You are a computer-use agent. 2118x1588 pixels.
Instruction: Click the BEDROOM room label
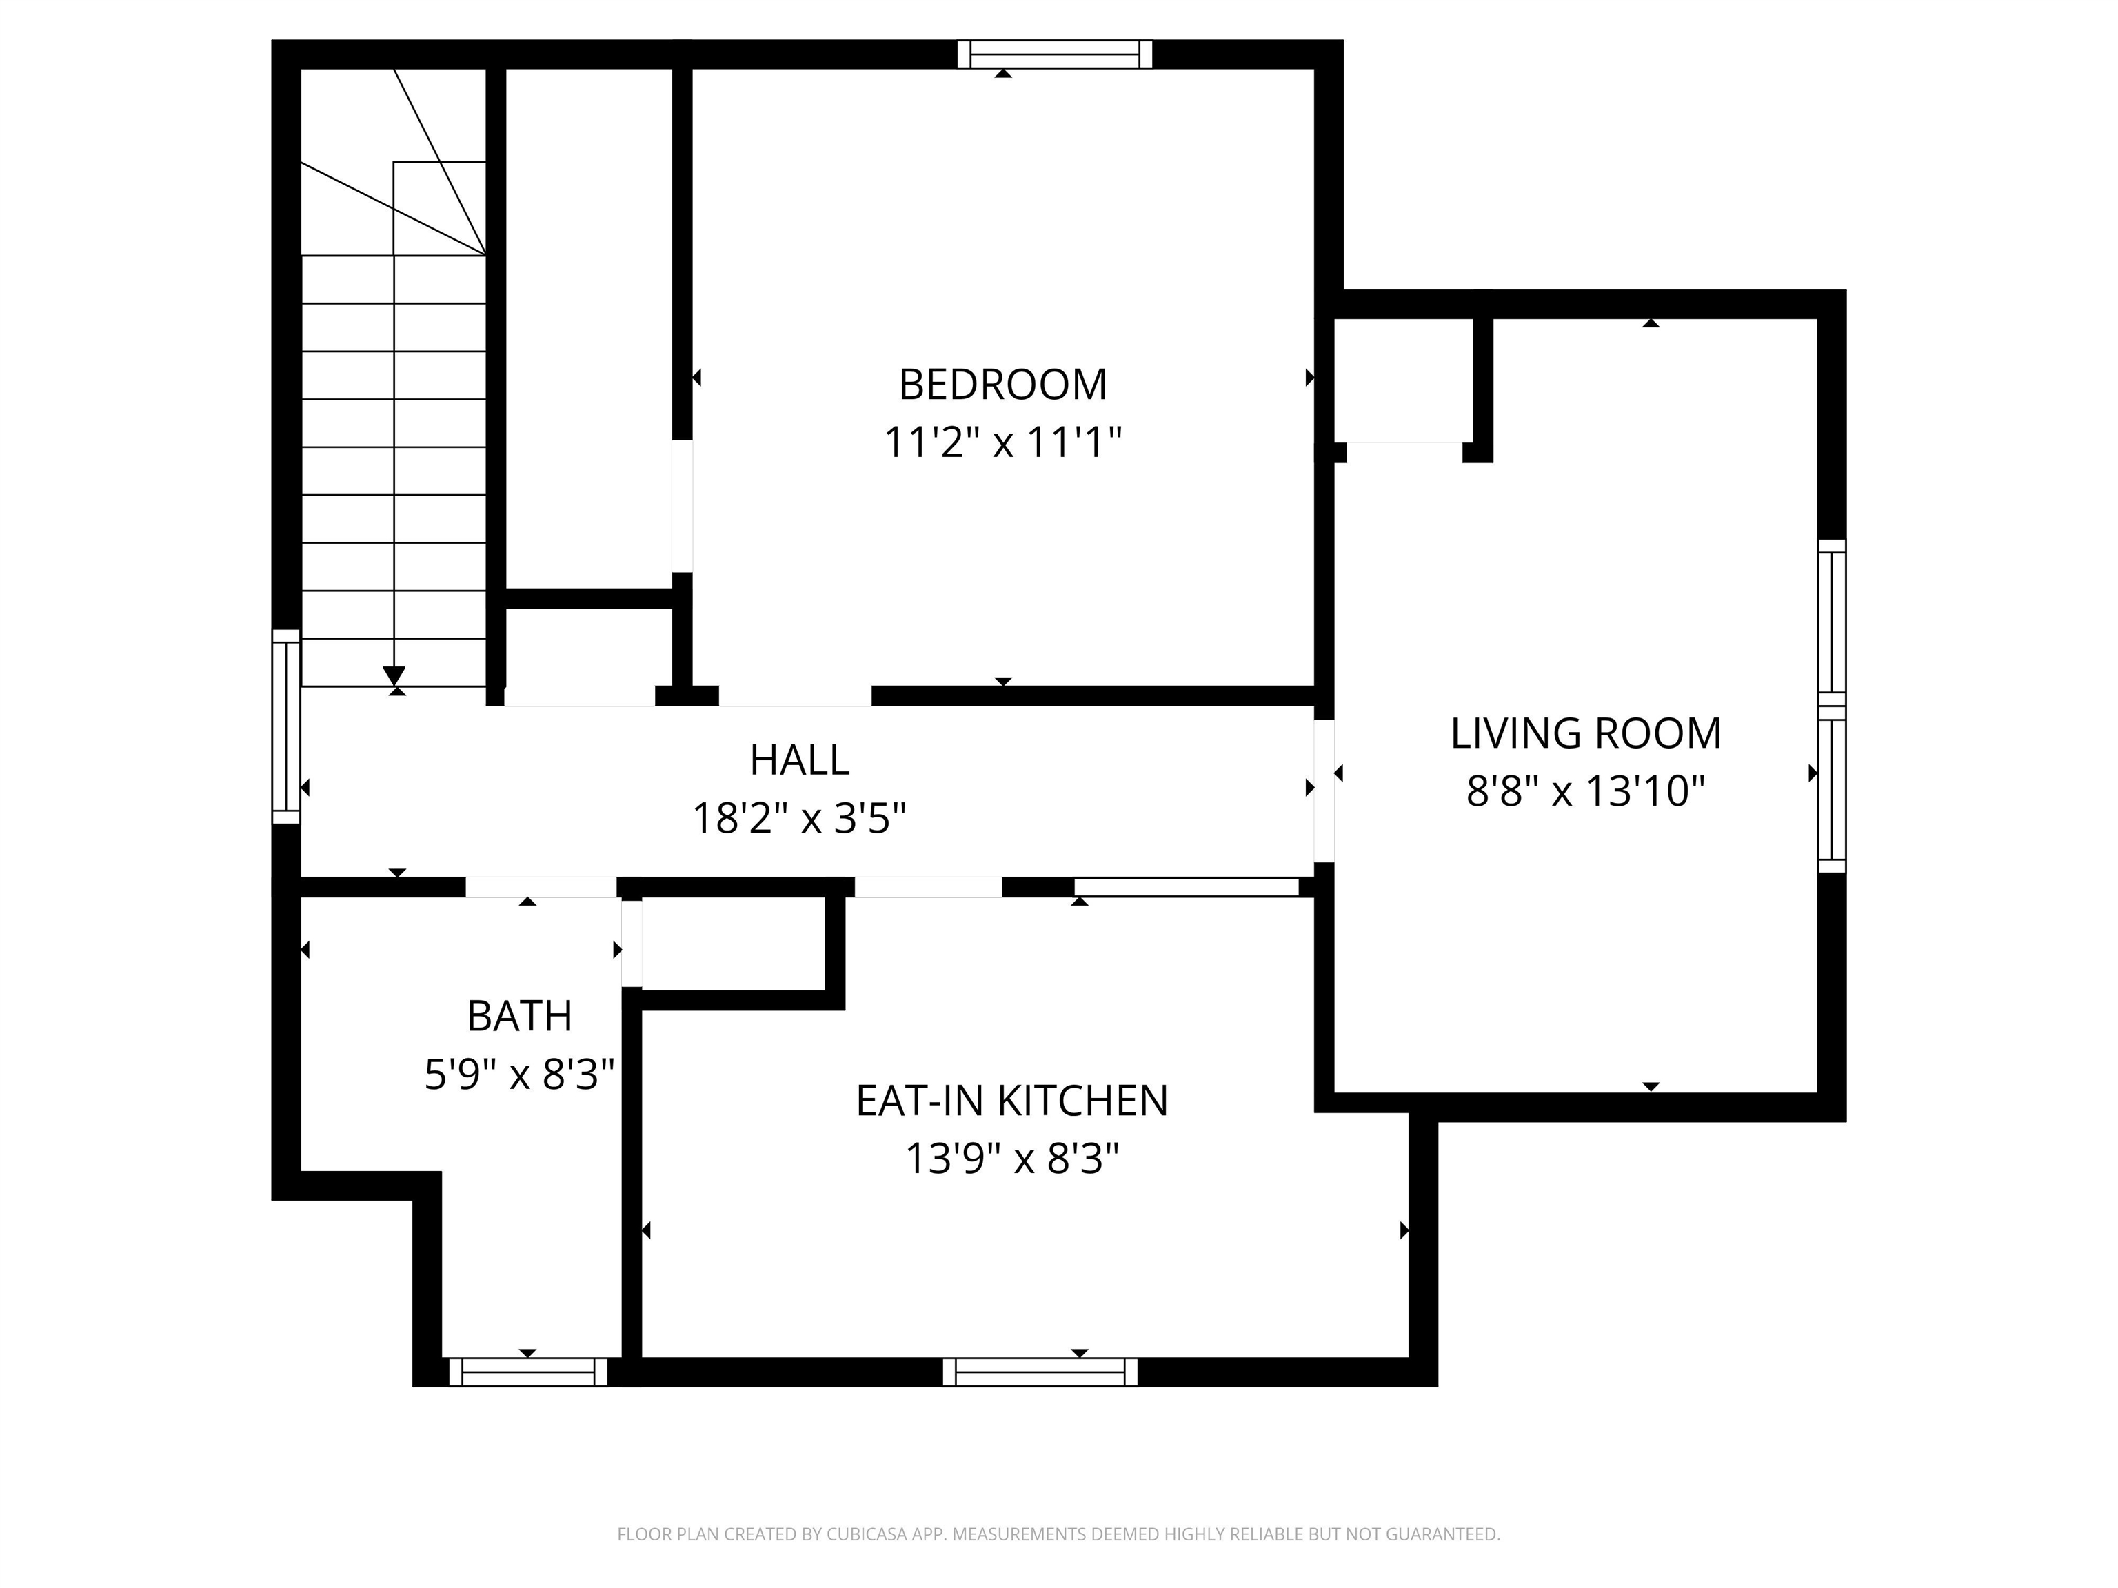point(1002,385)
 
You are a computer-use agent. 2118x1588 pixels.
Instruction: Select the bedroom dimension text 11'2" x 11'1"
point(1002,443)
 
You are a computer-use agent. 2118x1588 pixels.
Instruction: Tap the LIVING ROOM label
point(1586,734)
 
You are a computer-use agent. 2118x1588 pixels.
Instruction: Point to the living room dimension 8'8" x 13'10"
point(1586,793)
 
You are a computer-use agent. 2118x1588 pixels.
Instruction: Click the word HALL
point(800,761)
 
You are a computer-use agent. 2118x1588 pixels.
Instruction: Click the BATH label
point(519,1017)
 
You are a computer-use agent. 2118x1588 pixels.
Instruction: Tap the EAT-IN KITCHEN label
point(1011,1101)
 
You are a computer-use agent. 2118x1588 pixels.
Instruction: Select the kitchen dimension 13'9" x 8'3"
point(1011,1160)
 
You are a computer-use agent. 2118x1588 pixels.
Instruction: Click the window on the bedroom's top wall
point(1054,54)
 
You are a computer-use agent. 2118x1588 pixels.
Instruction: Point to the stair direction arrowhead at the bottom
point(394,675)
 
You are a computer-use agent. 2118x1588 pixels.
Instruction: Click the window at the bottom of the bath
point(527,1372)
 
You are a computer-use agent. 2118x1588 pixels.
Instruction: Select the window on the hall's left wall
point(285,726)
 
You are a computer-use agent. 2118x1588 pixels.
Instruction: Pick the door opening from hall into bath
point(541,887)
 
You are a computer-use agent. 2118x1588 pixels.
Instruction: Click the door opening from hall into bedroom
point(795,696)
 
